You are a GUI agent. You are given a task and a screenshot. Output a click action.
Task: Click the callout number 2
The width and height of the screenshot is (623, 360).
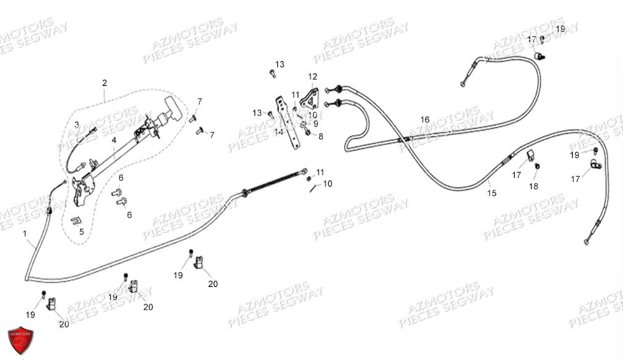click(x=105, y=82)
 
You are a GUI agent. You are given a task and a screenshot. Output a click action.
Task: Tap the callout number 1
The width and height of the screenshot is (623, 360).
click(x=25, y=234)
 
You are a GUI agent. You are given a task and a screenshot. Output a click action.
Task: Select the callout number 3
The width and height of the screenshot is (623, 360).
click(x=77, y=125)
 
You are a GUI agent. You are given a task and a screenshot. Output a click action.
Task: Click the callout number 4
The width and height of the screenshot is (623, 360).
click(x=114, y=140)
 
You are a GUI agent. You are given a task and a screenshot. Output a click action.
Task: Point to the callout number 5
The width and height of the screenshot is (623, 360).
click(x=81, y=232)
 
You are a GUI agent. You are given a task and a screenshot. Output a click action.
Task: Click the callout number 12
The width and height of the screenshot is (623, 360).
click(x=312, y=77)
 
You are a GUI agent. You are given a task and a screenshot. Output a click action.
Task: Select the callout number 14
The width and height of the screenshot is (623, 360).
click(x=279, y=132)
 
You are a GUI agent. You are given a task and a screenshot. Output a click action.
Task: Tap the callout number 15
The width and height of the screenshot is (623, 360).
click(x=491, y=193)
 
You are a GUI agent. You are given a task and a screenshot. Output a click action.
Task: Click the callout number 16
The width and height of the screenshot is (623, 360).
click(x=424, y=119)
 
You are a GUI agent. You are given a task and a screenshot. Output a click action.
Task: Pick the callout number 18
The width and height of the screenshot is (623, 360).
click(x=533, y=186)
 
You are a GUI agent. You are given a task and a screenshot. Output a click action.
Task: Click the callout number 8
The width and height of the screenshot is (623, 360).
click(x=320, y=136)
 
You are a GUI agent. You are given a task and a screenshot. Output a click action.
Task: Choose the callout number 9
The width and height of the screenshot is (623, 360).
click(x=315, y=124)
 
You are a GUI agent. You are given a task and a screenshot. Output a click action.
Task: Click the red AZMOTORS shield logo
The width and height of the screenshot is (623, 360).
click(x=20, y=341)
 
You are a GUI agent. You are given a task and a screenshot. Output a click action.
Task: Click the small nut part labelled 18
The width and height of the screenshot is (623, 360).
click(x=538, y=166)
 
